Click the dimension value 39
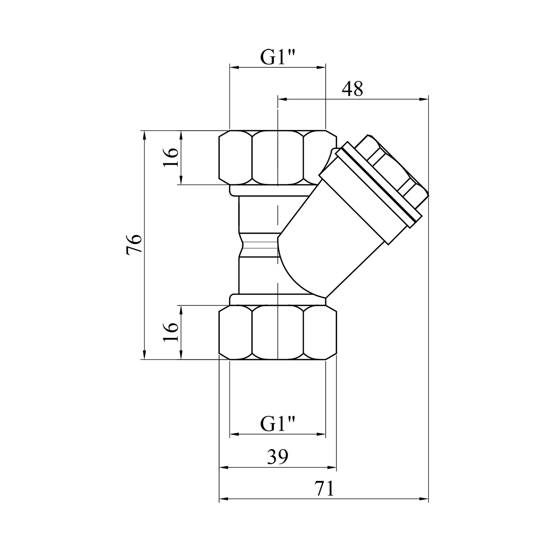pos(278,457)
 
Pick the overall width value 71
pos(324,489)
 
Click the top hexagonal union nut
pos(278,157)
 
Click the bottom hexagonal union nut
pos(278,332)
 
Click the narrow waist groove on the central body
pos(259,245)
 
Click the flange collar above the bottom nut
pos(278,300)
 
